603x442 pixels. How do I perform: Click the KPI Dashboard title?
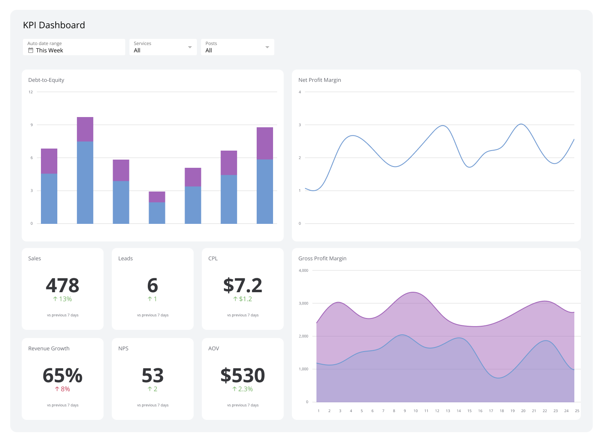pos(54,25)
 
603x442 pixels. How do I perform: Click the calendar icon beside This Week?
pos(31,50)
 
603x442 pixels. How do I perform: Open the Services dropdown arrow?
pos(190,47)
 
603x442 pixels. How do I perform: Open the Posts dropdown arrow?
pos(267,47)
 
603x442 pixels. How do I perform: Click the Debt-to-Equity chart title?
pos(46,80)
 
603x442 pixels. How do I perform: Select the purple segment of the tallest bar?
pos(85,129)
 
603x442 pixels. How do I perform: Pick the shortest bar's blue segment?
pos(157,213)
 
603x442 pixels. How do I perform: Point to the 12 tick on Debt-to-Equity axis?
pos(31,92)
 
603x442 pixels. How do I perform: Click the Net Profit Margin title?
pos(319,80)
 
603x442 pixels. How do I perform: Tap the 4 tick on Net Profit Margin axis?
pos(300,92)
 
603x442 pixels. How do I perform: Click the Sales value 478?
pos(63,285)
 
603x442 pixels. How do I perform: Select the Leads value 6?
pos(152,285)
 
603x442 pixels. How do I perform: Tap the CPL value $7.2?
pos(242,285)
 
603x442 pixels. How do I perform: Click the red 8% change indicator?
pos(63,389)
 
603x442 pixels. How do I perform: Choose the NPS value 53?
pos(152,375)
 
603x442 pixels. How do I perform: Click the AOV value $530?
pos(242,375)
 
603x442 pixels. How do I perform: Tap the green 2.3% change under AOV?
pos(242,389)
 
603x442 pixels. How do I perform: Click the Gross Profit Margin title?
pos(322,259)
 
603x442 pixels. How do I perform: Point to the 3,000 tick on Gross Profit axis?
pos(303,303)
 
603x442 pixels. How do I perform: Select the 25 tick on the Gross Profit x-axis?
pos(577,411)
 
